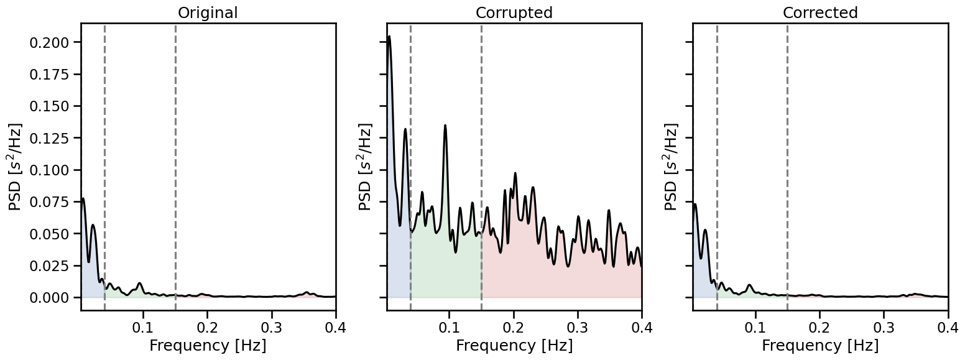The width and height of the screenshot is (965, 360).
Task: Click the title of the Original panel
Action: tap(208, 12)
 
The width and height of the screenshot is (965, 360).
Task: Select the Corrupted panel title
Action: tap(514, 12)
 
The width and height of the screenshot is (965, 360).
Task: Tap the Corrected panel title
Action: tap(820, 12)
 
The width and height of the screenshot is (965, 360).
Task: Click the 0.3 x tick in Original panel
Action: tap(272, 327)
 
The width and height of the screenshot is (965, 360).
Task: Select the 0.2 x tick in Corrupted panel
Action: tap(514, 327)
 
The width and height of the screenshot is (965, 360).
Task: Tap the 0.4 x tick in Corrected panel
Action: tap(948, 327)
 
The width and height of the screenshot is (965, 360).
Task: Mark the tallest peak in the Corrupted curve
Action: tap(389, 37)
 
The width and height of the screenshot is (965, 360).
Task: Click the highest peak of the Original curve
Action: tap(83, 199)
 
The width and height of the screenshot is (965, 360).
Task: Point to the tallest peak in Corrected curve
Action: tap(695, 204)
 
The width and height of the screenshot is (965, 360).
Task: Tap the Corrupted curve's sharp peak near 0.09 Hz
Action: tap(445, 126)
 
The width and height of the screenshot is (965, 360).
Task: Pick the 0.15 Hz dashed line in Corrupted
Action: tap(481, 155)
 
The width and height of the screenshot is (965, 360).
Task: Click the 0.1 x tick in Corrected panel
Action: tap(756, 327)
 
